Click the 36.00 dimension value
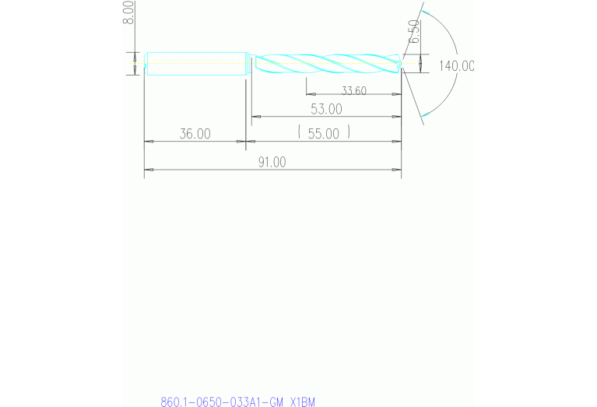[195, 134]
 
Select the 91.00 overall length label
[272, 162]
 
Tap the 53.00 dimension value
[325, 108]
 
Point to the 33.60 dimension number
[353, 91]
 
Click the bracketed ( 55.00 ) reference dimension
[324, 134]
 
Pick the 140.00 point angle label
[456, 66]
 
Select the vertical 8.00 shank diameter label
[129, 13]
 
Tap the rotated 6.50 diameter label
[415, 33]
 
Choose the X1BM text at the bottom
[302, 402]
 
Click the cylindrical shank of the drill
[195, 63]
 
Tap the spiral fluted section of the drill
[327, 63]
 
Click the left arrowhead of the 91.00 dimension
[147, 169]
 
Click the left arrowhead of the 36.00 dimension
[147, 141]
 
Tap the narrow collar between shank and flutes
[249, 63]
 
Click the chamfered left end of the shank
[146, 63]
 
